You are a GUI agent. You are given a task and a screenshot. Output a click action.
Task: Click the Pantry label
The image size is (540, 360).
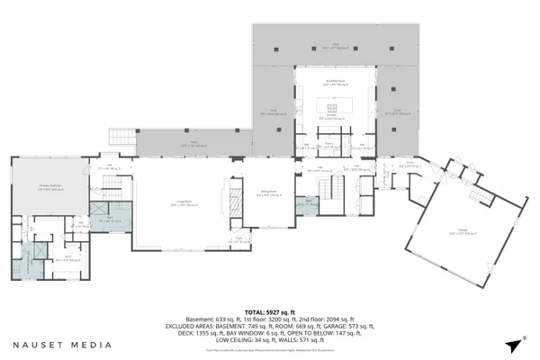tap(329, 142)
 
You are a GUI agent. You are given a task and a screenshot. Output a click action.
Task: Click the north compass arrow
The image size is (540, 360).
tap(514, 343)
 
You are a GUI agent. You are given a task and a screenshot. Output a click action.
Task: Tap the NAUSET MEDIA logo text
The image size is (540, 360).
tap(62, 344)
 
